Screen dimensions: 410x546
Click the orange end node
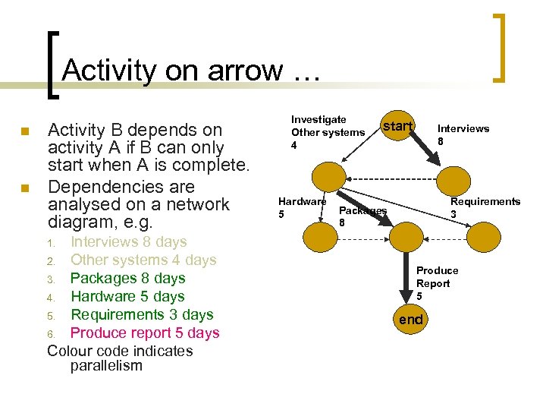pos(410,319)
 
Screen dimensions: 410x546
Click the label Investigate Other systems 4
pos(327,131)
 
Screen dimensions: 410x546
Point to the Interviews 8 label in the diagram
pos(463,134)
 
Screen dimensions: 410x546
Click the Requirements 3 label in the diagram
pos(485,208)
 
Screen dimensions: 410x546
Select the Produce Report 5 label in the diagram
pos(437,283)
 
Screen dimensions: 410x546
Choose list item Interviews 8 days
pos(128,242)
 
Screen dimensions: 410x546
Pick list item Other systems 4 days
pos(143,260)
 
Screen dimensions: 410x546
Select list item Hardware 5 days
pos(127,297)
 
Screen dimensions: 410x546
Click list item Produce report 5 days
pos(144,333)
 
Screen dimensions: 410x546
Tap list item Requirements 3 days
pos(142,315)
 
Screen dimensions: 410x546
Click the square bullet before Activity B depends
pos(26,131)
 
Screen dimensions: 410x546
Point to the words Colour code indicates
pos(120,352)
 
